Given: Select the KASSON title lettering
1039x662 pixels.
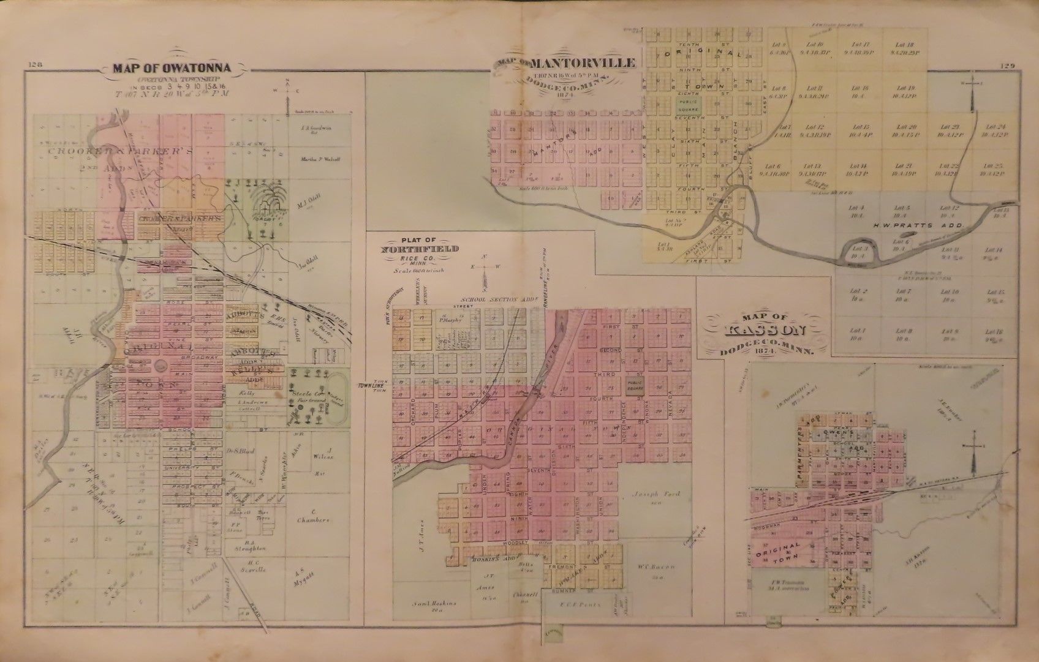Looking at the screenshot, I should pyautogui.click(x=764, y=331).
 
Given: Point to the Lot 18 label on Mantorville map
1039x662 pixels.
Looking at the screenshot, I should pyautogui.click(x=904, y=45).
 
